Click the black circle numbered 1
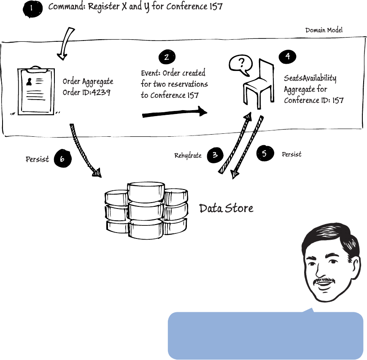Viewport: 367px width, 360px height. point(32,9)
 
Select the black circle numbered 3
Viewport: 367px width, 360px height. point(215,155)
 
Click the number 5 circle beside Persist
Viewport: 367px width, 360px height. point(264,154)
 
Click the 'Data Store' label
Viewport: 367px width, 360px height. point(226,208)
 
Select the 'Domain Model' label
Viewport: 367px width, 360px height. point(324,30)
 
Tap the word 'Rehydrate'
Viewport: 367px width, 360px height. point(188,156)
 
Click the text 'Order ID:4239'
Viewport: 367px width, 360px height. point(86,92)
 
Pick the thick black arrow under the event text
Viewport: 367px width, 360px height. point(175,113)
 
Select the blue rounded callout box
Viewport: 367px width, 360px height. point(265,336)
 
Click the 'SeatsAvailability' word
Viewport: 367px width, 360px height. point(310,78)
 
